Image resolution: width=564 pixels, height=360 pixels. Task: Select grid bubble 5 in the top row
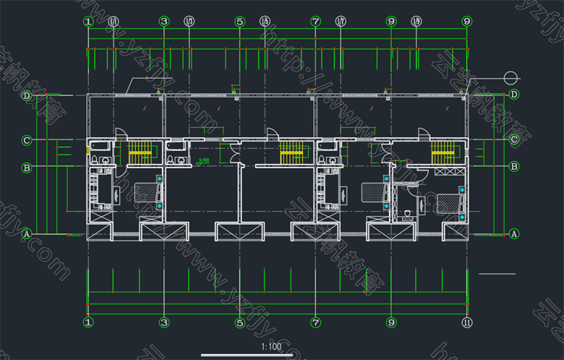click(x=240, y=22)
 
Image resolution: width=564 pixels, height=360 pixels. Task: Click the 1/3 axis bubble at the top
click(x=189, y=22)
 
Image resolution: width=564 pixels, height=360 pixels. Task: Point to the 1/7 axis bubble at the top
click(x=341, y=22)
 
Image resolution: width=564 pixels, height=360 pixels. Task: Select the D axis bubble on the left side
click(x=26, y=95)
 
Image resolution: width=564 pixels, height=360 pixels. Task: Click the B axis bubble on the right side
click(x=514, y=167)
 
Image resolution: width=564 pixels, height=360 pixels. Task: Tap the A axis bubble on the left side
click(x=26, y=234)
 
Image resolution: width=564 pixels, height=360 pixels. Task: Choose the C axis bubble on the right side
click(x=514, y=140)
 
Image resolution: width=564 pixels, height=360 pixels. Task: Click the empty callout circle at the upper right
click(x=513, y=77)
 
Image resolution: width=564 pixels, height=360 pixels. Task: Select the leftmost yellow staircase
click(x=141, y=152)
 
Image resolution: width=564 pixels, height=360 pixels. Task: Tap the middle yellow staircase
click(x=291, y=152)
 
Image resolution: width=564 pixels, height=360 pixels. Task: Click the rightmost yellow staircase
click(x=443, y=152)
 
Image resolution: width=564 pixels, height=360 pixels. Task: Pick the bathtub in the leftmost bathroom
click(x=100, y=149)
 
